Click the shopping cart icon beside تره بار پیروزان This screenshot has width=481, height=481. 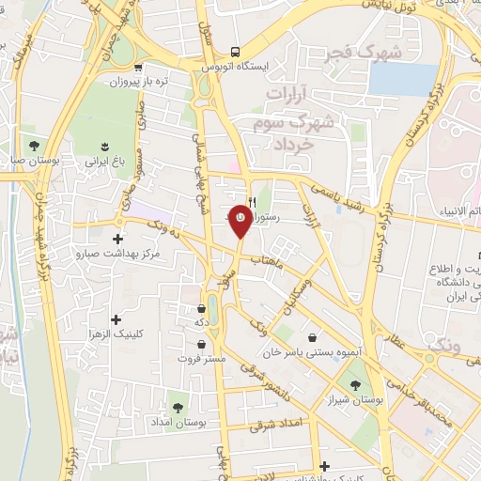139,67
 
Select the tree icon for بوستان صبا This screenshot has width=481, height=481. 34,146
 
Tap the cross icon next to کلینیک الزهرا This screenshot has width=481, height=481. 116,319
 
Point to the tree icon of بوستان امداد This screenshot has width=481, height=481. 178,407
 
